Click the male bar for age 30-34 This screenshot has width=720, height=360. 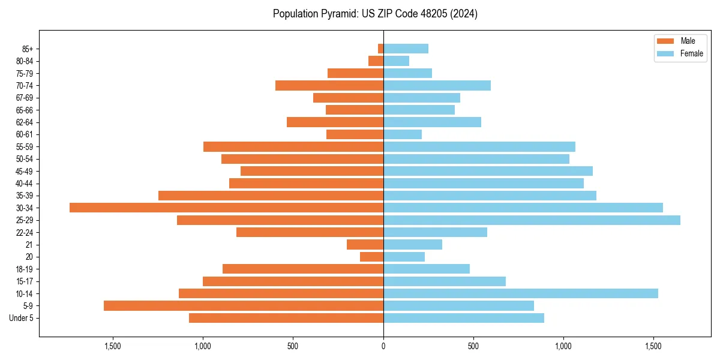[226, 208]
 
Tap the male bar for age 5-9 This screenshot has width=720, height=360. [244, 306]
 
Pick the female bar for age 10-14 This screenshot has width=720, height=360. [521, 293]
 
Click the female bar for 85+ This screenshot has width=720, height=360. [406, 49]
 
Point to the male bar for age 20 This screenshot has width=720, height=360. [371, 257]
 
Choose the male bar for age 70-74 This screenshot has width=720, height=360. [329, 85]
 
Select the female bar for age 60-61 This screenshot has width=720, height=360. [403, 134]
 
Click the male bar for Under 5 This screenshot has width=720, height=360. [286, 318]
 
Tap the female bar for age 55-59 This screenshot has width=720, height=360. [479, 146]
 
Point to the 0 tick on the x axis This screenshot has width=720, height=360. [383, 346]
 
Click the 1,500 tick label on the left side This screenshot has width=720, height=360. [113, 346]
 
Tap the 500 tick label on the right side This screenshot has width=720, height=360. [473, 346]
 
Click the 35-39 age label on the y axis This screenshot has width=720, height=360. [25, 196]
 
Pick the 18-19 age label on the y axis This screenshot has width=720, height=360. [25, 269]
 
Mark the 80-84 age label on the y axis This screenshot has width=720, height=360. [25, 61]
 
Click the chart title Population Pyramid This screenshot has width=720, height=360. [375, 14]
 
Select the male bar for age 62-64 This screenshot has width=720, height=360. [335, 122]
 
